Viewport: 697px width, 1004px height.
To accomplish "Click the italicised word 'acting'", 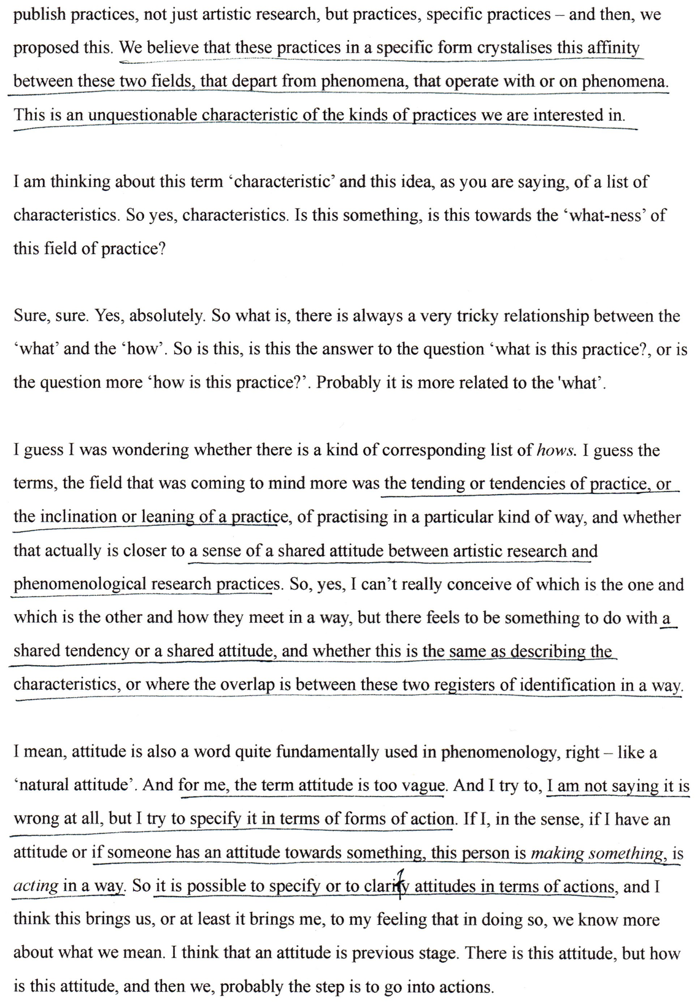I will tap(36, 886).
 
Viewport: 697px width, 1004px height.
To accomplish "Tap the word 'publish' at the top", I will tap(39, 15).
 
